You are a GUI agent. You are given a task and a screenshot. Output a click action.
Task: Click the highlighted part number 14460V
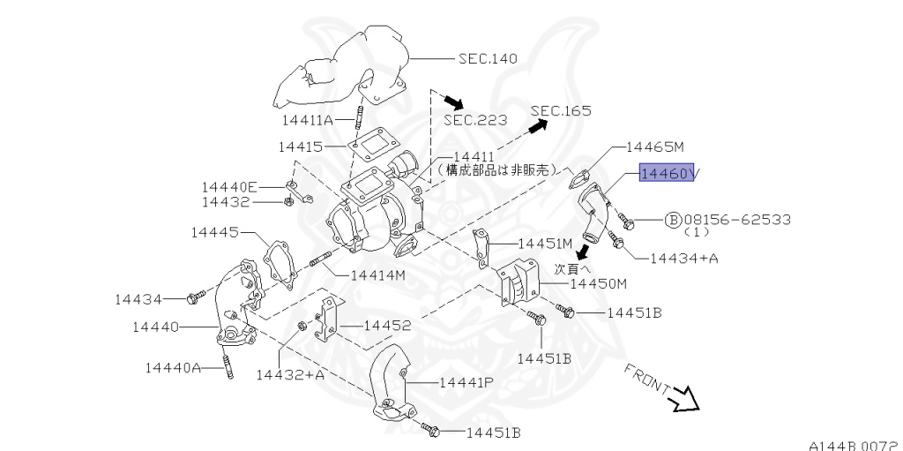[x=668, y=174]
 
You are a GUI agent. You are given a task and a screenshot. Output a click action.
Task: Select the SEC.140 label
[x=487, y=59]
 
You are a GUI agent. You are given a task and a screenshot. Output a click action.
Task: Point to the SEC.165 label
[x=561, y=110]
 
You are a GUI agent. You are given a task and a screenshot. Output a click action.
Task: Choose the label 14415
[x=301, y=147]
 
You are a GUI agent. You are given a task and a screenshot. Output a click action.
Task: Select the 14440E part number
[x=228, y=186]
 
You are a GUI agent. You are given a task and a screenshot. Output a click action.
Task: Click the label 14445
[x=214, y=232]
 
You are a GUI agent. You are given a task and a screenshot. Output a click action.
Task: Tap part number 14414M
[x=377, y=274]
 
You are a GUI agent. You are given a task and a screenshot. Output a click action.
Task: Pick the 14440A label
[x=173, y=366]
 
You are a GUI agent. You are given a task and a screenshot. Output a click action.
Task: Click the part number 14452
[x=388, y=326]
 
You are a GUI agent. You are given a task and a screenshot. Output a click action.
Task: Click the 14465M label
[x=655, y=147]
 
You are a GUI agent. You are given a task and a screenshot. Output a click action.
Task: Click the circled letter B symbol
[x=673, y=218]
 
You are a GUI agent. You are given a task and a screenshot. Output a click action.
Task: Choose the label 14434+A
[x=683, y=259]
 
